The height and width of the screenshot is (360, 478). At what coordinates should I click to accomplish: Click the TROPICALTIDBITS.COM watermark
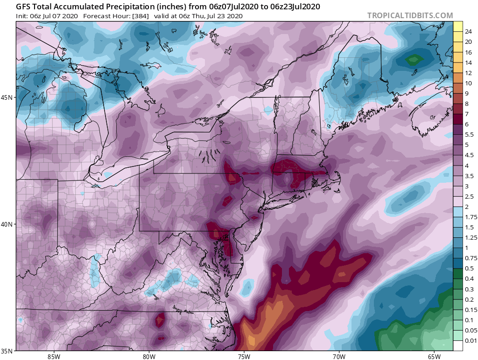[410, 15]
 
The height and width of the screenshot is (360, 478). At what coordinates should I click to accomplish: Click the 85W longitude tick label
[54, 357]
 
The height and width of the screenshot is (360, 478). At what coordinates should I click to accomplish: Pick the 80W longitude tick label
[149, 357]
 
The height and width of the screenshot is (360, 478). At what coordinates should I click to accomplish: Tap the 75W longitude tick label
[244, 357]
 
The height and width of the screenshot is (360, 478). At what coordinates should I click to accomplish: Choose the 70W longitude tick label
[339, 357]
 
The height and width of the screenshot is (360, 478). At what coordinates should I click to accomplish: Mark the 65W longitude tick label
[434, 357]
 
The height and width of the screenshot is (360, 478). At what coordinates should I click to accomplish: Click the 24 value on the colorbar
[468, 32]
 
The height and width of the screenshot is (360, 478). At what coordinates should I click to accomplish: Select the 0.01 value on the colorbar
[471, 340]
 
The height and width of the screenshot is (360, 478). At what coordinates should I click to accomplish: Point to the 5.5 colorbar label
[469, 135]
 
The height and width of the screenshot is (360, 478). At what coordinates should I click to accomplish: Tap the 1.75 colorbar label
[471, 217]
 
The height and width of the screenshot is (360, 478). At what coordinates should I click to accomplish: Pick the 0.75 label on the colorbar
[471, 258]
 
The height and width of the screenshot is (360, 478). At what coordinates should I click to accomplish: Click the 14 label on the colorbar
[468, 62]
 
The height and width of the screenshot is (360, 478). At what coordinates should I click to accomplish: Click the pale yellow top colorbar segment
[458, 26]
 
